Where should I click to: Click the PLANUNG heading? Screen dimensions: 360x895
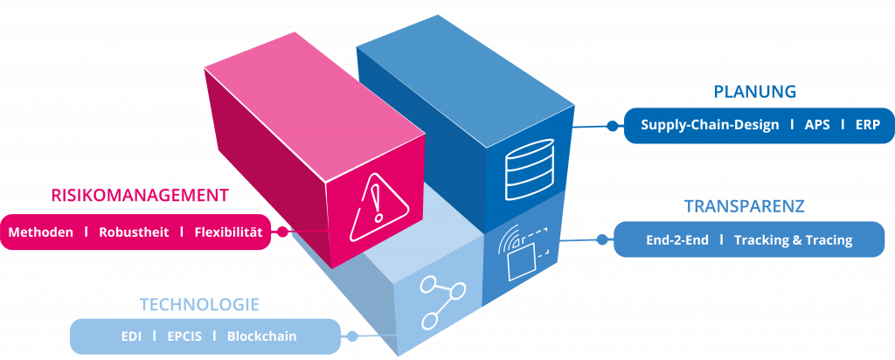[755, 92]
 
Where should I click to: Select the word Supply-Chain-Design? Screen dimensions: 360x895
[710, 125]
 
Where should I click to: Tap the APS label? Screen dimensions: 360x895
[817, 125]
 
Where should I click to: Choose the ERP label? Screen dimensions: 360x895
[868, 125]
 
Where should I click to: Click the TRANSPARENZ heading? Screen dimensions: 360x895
[744, 206]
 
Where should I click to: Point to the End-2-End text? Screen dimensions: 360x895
[676, 239]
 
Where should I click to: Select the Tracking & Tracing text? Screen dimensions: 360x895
[793, 239]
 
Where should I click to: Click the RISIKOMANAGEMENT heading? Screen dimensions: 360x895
[140, 195]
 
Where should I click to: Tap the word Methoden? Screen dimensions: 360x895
[40, 232]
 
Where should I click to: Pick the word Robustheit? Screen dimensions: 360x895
[134, 232]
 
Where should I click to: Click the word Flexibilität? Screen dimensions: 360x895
[228, 232]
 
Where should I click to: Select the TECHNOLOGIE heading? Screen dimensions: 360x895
[199, 305]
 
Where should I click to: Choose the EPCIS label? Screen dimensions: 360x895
[184, 336]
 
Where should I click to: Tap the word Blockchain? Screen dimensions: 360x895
[261, 336]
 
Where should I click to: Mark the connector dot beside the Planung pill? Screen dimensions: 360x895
[613, 126]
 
